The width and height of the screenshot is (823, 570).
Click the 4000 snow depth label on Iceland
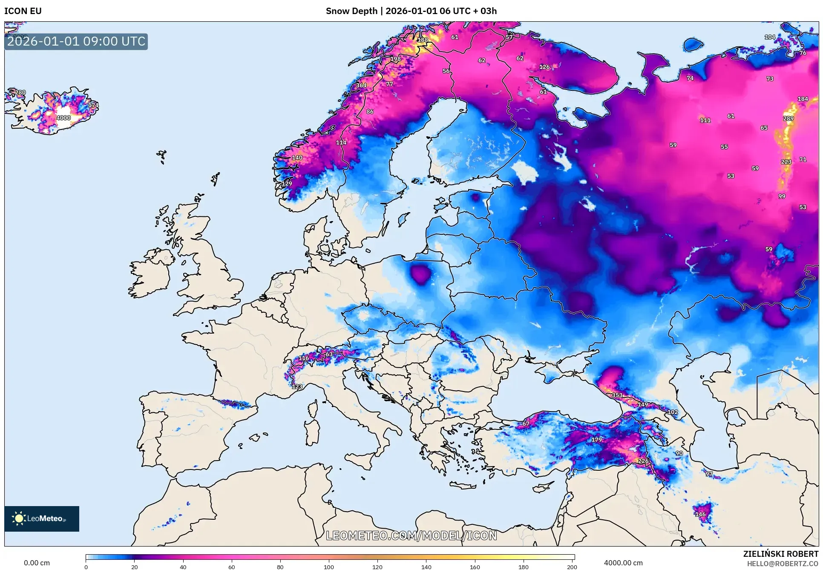(x=63, y=118)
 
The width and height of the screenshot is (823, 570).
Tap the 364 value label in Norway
(x=361, y=85)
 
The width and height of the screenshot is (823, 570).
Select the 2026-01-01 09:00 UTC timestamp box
(x=76, y=42)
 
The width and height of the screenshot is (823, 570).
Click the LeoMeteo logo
(x=41, y=518)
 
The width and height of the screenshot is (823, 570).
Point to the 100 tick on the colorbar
(x=328, y=567)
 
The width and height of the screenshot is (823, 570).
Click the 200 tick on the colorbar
(x=572, y=567)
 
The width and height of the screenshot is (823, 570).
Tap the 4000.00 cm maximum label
(x=623, y=563)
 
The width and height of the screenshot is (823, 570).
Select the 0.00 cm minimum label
(x=37, y=563)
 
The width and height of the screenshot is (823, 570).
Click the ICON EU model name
(x=23, y=11)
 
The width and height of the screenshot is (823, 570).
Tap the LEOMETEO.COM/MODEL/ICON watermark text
(x=411, y=535)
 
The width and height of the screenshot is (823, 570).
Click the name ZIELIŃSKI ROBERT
(x=780, y=554)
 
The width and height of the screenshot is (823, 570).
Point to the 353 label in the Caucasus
(x=617, y=395)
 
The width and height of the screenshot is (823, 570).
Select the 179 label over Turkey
(x=596, y=439)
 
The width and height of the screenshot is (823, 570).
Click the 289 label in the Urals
(x=788, y=118)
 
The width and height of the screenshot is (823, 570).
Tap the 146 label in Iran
(x=700, y=514)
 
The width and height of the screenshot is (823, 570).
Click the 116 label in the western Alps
(x=304, y=358)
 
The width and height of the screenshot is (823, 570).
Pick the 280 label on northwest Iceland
(x=20, y=92)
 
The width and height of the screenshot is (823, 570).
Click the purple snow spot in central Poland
(x=421, y=273)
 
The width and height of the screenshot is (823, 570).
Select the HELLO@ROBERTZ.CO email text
(x=783, y=564)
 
